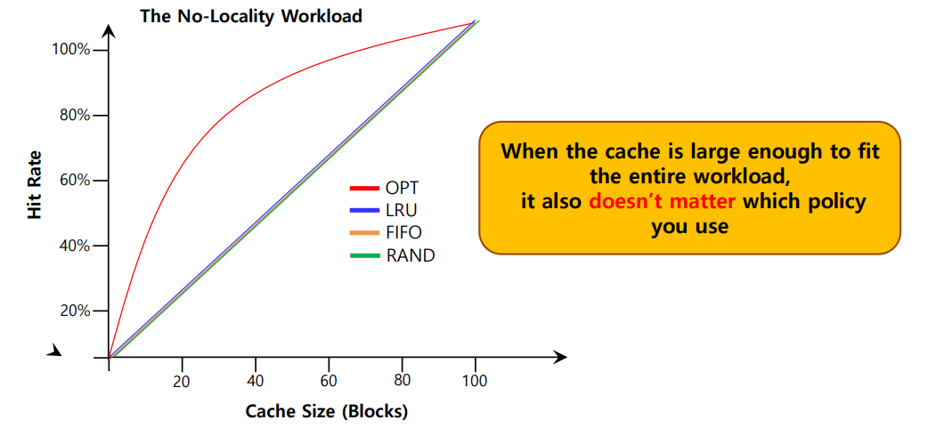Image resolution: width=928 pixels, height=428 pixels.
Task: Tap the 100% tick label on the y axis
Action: (70, 50)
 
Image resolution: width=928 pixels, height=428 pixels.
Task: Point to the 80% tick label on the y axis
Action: (74, 116)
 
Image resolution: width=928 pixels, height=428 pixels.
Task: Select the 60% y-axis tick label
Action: (74, 181)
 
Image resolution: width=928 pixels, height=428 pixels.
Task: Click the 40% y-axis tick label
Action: (74, 246)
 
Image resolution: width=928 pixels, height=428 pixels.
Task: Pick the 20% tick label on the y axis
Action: (74, 311)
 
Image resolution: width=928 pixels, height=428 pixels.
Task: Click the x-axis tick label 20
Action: (182, 380)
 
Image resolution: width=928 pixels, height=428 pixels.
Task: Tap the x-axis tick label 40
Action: (256, 380)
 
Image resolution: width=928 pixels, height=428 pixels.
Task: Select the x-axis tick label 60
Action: (329, 380)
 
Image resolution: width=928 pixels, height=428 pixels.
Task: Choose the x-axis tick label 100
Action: (475, 380)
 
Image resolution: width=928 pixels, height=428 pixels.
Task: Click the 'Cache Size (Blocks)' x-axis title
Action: (326, 411)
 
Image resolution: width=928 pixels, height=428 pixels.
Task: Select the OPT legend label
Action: (402, 188)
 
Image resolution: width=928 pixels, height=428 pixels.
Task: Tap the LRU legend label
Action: (401, 211)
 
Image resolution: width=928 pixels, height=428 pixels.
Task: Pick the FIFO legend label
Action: (403, 233)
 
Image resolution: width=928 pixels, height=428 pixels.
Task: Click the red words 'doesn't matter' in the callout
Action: (662, 201)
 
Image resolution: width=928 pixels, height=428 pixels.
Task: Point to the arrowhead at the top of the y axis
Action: (108, 31)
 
